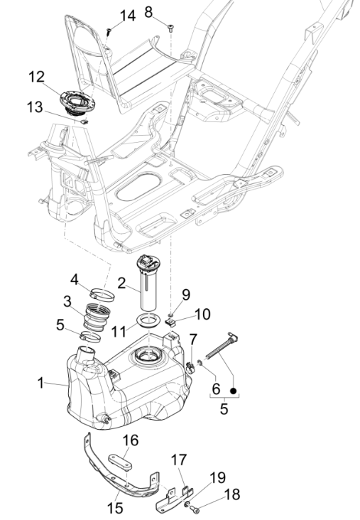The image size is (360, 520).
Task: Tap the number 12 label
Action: tap(36, 76)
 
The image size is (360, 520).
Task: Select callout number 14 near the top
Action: tap(126, 15)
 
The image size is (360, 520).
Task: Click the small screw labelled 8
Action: tap(172, 28)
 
